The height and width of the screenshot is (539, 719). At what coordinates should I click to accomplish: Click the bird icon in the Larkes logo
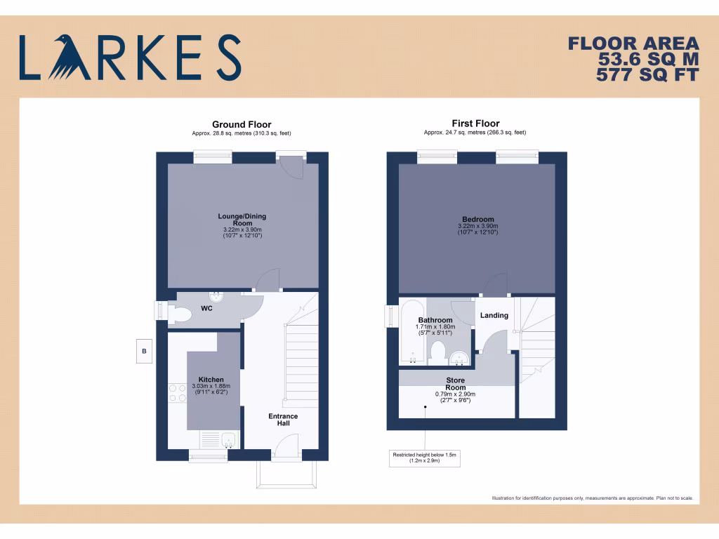(68, 58)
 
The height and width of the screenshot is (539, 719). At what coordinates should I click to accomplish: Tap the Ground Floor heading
(242, 124)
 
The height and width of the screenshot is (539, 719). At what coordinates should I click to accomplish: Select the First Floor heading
(475, 124)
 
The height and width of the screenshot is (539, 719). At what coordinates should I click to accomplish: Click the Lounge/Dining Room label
(242, 220)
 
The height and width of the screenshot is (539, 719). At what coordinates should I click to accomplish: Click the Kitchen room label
(211, 380)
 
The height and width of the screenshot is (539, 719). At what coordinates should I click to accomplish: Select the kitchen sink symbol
(227, 440)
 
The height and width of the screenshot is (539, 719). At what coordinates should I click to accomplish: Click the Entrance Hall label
(283, 420)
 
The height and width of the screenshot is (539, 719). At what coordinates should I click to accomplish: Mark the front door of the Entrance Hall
(286, 446)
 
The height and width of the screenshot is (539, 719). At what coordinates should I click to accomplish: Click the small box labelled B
(144, 351)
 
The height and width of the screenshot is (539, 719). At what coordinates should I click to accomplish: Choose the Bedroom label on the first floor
(477, 219)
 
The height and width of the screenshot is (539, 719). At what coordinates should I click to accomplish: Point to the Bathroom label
(435, 320)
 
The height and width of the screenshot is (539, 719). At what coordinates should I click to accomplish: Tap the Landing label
(494, 315)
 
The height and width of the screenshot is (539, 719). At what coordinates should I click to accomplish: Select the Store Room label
(455, 384)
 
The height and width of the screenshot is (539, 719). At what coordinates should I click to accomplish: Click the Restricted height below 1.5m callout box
(424, 458)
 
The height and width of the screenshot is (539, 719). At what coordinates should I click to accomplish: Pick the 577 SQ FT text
(647, 74)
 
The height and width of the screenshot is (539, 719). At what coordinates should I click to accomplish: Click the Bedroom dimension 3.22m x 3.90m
(477, 226)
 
